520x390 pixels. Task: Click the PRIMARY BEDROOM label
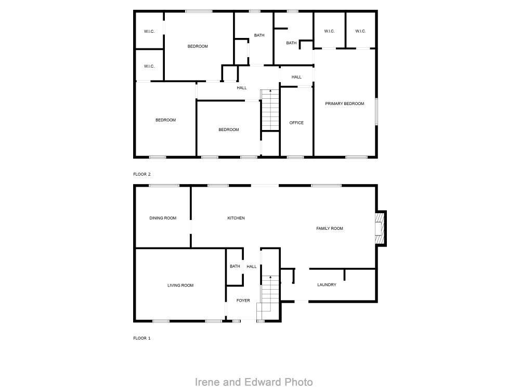(x=345, y=104)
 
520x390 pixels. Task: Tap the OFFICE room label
(x=296, y=123)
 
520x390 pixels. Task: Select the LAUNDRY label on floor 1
(x=327, y=285)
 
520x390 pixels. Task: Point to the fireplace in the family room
(x=380, y=228)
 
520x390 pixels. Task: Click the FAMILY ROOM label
(x=330, y=228)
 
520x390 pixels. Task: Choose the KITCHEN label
(x=236, y=218)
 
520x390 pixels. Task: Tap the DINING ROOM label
(x=163, y=218)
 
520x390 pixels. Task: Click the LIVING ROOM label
(x=180, y=285)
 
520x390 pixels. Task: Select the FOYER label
(x=243, y=301)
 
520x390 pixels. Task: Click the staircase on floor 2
(x=270, y=110)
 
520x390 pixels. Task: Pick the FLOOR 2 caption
(x=142, y=174)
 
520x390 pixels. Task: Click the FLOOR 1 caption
(x=142, y=338)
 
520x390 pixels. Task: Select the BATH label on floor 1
(x=235, y=267)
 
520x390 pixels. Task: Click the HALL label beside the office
(x=296, y=77)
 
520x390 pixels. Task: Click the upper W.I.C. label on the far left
(x=149, y=31)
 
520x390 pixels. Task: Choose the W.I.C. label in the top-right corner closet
(x=360, y=31)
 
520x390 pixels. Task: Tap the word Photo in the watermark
(x=298, y=382)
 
